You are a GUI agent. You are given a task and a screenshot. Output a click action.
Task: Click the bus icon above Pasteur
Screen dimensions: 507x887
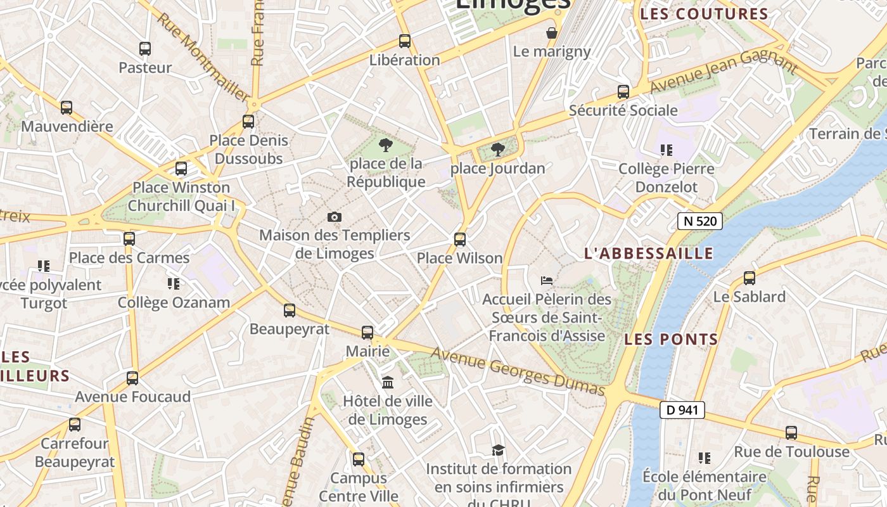pyautogui.click(x=145, y=49)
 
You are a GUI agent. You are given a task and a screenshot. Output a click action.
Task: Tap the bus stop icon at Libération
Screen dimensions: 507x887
pyautogui.click(x=405, y=41)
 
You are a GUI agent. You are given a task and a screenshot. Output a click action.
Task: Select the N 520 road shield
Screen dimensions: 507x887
pyautogui.click(x=699, y=221)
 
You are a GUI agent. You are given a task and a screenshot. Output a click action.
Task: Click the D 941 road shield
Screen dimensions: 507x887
pyautogui.click(x=682, y=410)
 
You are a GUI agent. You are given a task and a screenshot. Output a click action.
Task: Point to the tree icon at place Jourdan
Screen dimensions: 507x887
pyautogui.click(x=498, y=150)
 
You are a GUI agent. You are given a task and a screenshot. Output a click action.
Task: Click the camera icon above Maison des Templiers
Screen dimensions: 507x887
pyautogui.click(x=335, y=217)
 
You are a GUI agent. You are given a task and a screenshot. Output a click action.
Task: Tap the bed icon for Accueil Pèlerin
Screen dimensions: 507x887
pyautogui.click(x=547, y=280)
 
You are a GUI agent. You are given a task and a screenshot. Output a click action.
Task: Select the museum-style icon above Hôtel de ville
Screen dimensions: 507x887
pyautogui.click(x=388, y=383)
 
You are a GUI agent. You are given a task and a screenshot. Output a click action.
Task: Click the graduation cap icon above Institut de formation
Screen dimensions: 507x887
pyautogui.click(x=499, y=451)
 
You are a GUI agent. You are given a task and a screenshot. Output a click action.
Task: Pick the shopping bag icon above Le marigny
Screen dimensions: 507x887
pyautogui.click(x=552, y=33)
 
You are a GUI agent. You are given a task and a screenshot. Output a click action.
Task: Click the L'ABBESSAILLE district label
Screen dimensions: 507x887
pyautogui.click(x=648, y=253)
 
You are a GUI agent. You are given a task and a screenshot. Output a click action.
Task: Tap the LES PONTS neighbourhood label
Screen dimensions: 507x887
pyautogui.click(x=671, y=339)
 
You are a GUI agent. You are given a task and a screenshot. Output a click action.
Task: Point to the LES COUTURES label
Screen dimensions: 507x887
pyautogui.click(x=704, y=14)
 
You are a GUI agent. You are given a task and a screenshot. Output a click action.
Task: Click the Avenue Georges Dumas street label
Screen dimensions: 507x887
pyautogui.click(x=518, y=371)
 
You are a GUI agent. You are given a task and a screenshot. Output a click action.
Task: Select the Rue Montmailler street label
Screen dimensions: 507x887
pyautogui.click(x=202, y=57)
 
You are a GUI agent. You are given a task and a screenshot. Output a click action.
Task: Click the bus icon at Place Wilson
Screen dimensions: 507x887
pyautogui.click(x=460, y=240)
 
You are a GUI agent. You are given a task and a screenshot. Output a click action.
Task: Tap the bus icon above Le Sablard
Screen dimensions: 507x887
pyautogui.click(x=750, y=278)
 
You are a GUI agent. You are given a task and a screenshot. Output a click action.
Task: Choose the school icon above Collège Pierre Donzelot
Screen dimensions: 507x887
pyautogui.click(x=666, y=150)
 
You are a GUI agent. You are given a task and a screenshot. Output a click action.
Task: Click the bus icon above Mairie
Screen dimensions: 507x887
pyautogui.click(x=367, y=332)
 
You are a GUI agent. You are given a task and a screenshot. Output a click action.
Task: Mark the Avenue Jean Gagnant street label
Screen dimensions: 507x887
pyautogui.click(x=723, y=71)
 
